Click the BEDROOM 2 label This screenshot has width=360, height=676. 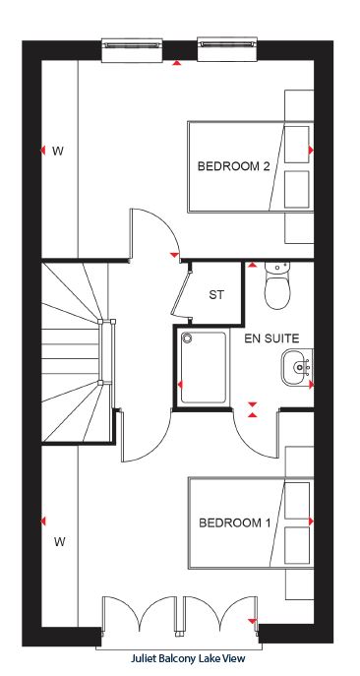pos(234,166)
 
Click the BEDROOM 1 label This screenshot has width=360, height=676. pos(235,523)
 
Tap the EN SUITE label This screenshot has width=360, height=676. pos(271,338)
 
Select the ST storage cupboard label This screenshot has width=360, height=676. pos(216,295)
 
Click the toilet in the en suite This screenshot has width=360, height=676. pos(277,285)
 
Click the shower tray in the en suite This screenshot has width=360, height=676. pos(204,367)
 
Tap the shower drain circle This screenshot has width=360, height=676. pos(187,338)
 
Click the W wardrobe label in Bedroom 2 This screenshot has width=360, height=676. pos(58,152)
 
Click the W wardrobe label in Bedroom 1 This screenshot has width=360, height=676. pos(59,542)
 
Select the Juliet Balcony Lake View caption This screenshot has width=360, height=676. pos(188,658)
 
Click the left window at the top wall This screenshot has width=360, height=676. pos(133,49)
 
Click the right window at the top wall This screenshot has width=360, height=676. pos(228,49)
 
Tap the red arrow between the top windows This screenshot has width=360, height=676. pos(177,63)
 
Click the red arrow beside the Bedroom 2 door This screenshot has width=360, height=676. pos(174,255)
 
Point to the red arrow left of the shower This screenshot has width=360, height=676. pos(180,384)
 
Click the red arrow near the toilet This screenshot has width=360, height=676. pos(252,265)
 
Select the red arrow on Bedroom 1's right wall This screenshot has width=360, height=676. pos(311,522)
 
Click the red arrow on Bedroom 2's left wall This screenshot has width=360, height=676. pos(42,151)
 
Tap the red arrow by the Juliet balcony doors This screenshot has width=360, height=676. pos(253,621)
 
